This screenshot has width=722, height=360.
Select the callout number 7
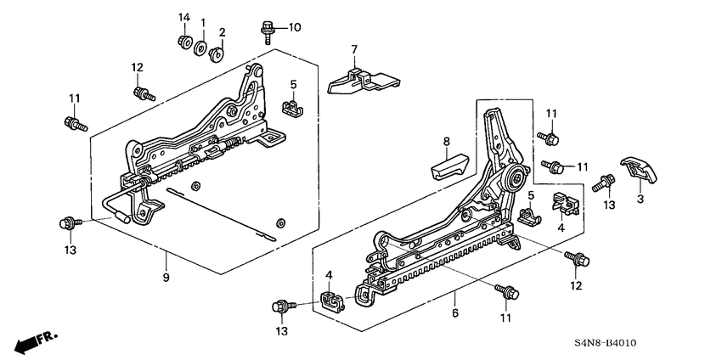(x=354, y=48)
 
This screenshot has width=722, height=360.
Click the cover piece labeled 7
(x=361, y=79)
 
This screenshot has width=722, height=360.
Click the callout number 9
(x=166, y=278)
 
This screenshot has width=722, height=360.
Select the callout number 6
(x=455, y=314)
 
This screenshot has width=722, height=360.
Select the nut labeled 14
(x=183, y=41)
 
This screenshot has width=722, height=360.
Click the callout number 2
(x=223, y=32)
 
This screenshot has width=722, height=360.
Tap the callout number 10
(x=294, y=28)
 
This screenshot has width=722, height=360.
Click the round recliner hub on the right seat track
(x=516, y=179)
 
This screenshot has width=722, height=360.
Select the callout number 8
(x=445, y=141)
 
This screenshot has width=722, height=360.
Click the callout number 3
(x=640, y=199)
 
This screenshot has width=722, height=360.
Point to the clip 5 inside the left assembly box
(x=289, y=108)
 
